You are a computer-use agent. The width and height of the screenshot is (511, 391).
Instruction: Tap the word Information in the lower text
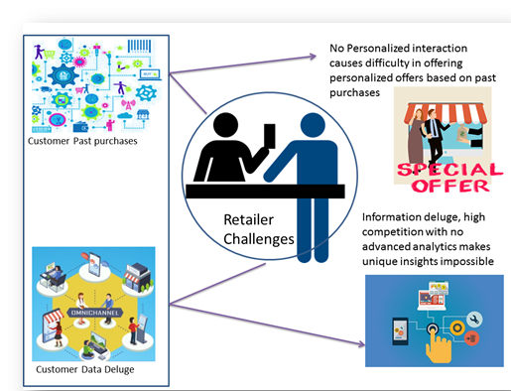[x=394, y=216]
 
